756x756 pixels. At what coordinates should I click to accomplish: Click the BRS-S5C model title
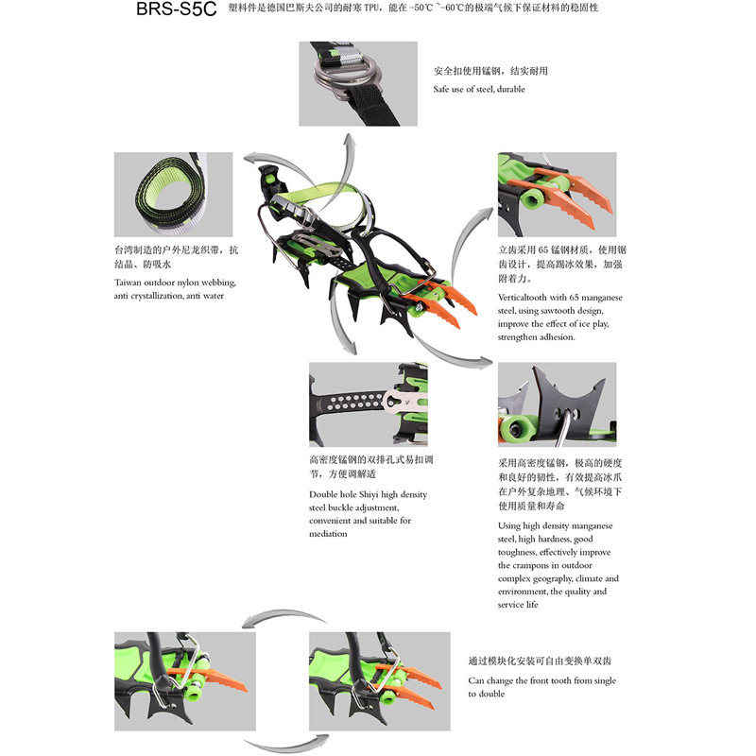click(x=177, y=9)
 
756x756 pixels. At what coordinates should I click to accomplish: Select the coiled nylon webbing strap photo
click(x=174, y=195)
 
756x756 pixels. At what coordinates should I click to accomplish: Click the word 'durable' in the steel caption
click(x=510, y=89)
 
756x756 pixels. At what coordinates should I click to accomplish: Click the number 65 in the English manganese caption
click(x=575, y=298)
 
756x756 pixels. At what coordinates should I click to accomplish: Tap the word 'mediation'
click(x=328, y=534)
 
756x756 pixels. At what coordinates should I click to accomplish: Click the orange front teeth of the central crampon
click(x=441, y=303)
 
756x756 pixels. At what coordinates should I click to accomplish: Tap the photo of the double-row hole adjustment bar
click(x=369, y=404)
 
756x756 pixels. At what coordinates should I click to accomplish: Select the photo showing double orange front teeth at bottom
click(x=380, y=681)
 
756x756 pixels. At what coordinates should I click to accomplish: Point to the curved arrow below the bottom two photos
click(x=285, y=746)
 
